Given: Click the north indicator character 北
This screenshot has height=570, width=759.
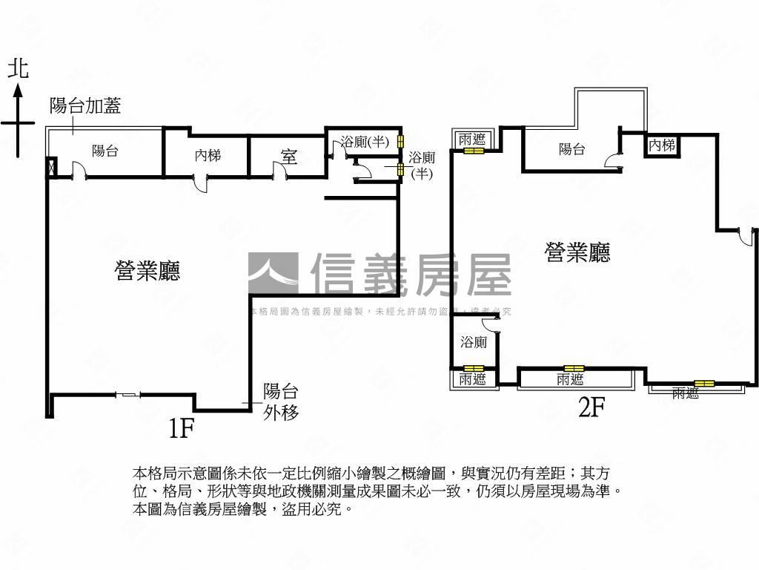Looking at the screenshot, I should coord(18,69).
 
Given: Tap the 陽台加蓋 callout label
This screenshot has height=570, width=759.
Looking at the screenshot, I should coord(84,106).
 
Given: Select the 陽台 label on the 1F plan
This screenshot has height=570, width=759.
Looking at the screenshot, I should coord(105,151).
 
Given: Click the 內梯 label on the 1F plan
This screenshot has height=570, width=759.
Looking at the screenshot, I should coord(208,156).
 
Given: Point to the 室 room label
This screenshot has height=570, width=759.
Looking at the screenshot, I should coord(289,157).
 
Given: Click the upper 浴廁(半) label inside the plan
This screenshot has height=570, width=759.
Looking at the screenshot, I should coord(365,141).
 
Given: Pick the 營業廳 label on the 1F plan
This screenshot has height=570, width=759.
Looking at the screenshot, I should coord(148,272).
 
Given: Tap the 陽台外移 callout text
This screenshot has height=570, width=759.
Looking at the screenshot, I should coord(281,402).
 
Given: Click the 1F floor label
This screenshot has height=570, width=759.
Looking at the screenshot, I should coord(182,428).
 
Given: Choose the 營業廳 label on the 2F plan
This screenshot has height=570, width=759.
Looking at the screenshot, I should coord(577,254).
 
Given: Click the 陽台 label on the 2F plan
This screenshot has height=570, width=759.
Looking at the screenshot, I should coord(571,149).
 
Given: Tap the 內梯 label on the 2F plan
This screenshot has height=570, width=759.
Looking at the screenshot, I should coord(662,145).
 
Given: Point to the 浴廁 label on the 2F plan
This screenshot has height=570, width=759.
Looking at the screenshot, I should coord(474,343).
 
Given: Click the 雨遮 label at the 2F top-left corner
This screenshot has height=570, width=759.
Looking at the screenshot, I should coord(472,139).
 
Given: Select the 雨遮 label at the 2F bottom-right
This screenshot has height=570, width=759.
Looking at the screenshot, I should coord(686,394).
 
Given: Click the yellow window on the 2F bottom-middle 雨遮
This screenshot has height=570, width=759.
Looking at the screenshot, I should coord(573,368).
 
